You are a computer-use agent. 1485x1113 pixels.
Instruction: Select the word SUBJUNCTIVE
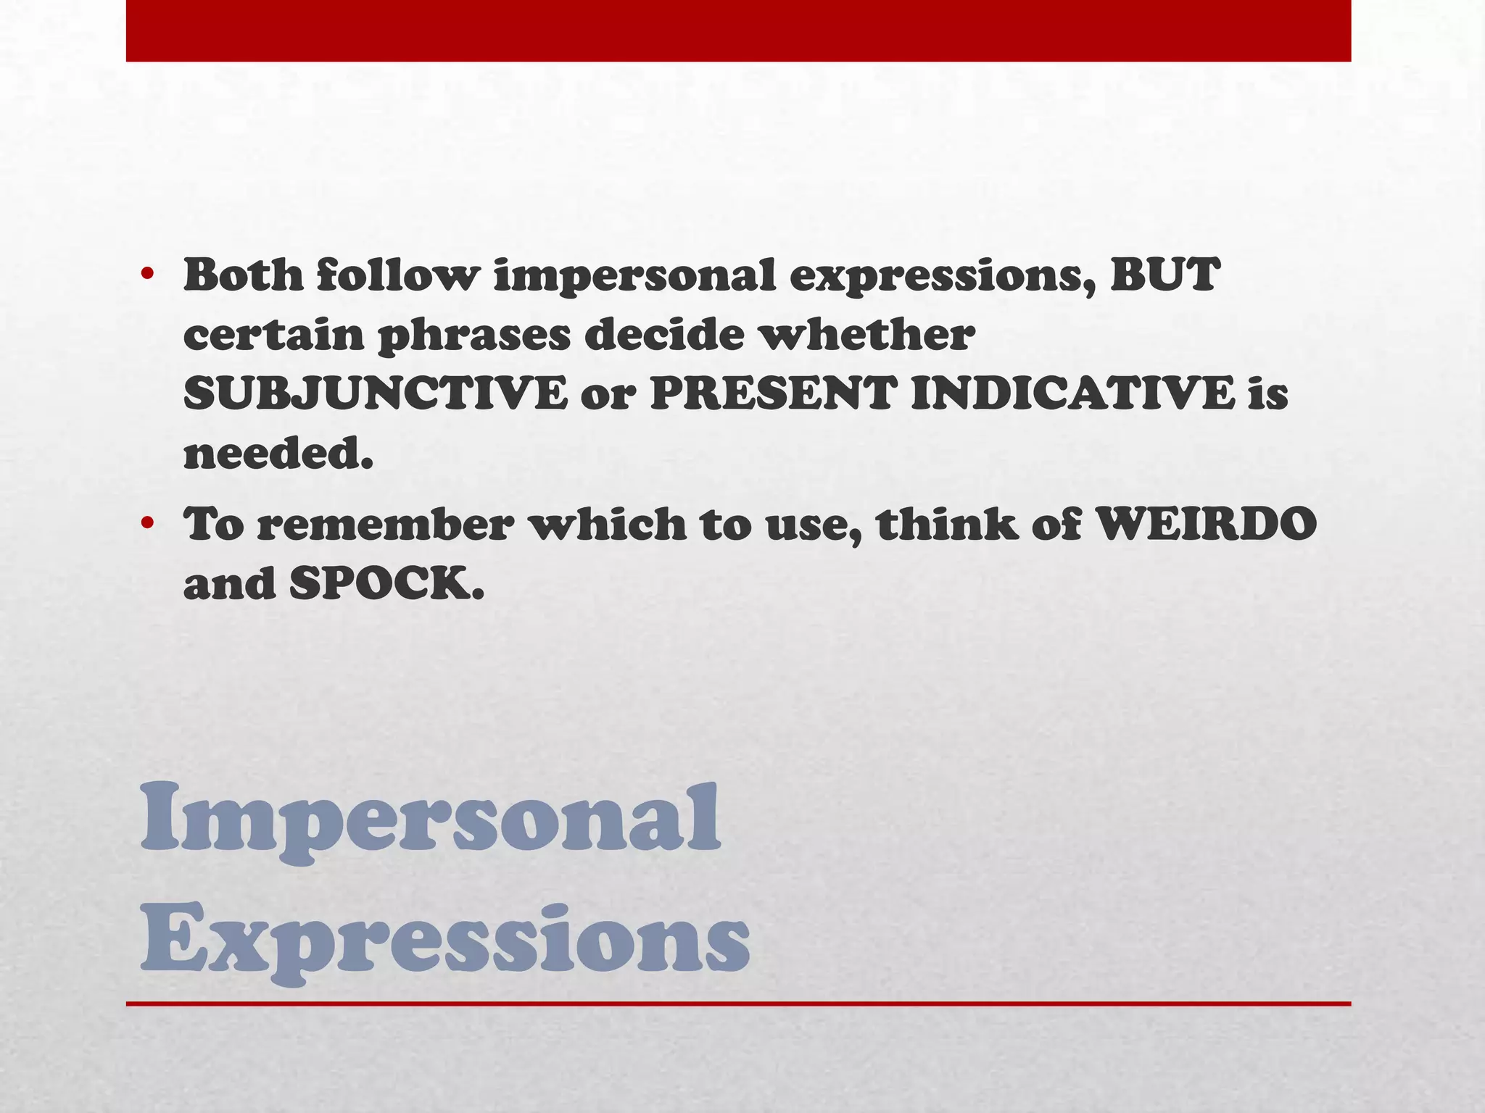pos(375,394)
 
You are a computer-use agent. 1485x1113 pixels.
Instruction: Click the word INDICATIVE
pos(1072,394)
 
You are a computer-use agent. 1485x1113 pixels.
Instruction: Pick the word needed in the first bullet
pos(278,454)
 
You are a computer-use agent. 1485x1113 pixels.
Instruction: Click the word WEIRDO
pos(1205,524)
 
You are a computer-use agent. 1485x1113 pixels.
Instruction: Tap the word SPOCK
pos(386,583)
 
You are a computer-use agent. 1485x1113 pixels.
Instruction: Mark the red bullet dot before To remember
pos(148,522)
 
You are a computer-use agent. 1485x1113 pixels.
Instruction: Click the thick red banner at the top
pos(738,30)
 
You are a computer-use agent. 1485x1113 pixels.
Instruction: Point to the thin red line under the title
pos(738,1004)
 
